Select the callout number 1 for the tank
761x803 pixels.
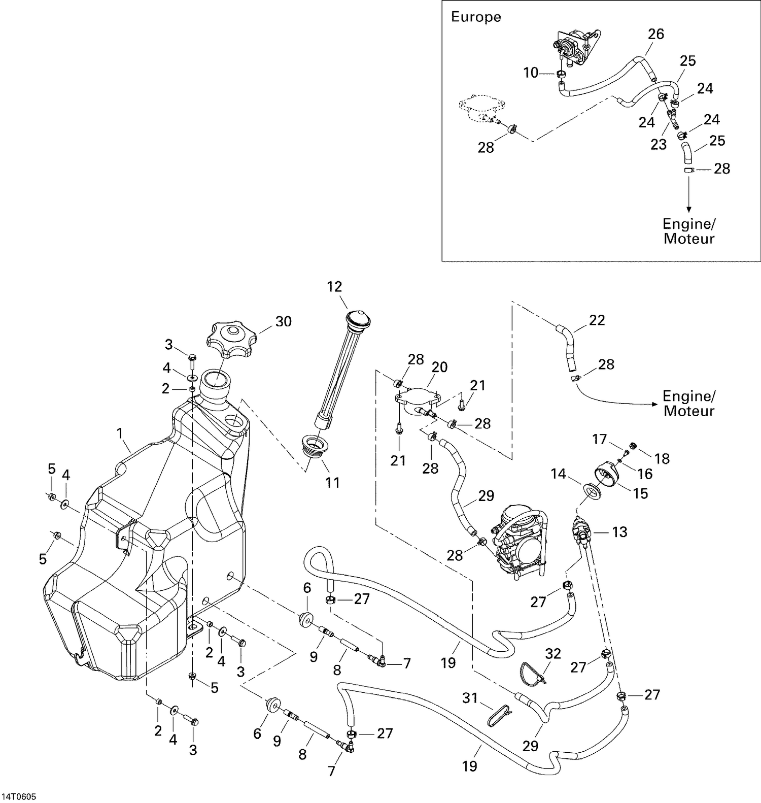click(x=120, y=433)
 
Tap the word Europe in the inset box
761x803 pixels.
click(x=475, y=17)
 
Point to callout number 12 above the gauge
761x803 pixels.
click(x=334, y=287)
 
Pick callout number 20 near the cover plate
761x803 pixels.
click(x=439, y=367)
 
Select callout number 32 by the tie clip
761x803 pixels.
click(x=552, y=654)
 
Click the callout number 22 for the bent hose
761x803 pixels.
click(x=597, y=320)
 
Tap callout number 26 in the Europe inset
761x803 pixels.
click(x=656, y=34)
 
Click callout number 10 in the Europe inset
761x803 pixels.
click(x=530, y=73)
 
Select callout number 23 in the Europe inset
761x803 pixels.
click(x=658, y=145)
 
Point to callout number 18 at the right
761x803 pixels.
click(x=662, y=459)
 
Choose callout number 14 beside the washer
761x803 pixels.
click(x=558, y=474)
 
